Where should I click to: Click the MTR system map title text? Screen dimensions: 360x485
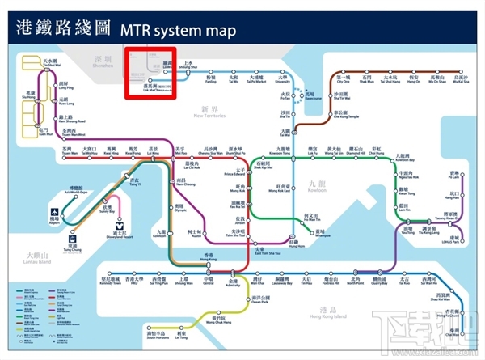(178, 32)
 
